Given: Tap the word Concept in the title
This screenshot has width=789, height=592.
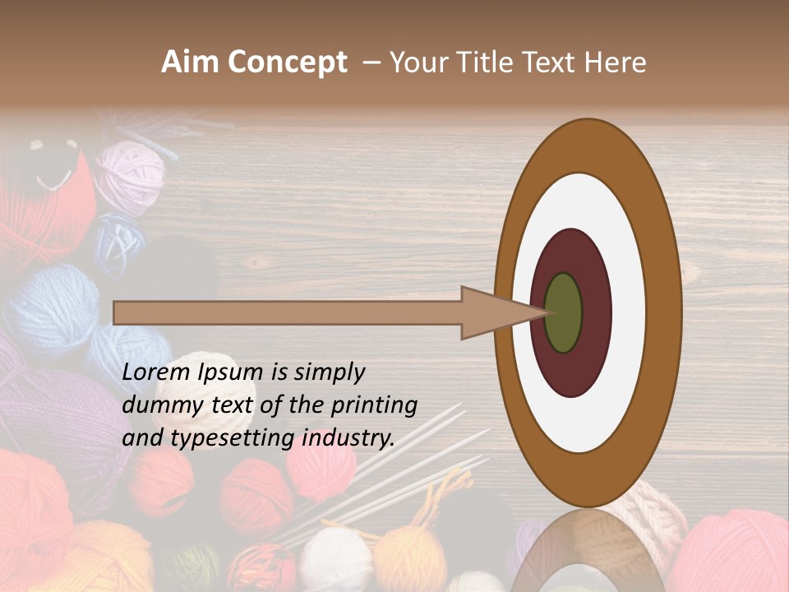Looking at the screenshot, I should point(287,62).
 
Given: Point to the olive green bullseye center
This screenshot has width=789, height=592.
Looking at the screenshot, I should point(563,312).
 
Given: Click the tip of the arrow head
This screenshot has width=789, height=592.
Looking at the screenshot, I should point(547,312).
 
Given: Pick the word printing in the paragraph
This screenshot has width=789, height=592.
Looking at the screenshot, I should point(373,406).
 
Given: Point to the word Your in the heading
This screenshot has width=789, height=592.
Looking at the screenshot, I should point(414,62).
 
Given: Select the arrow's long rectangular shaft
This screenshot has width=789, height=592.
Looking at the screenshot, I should point(288,312).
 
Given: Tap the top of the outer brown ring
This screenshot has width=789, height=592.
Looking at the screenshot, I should point(587,145).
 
